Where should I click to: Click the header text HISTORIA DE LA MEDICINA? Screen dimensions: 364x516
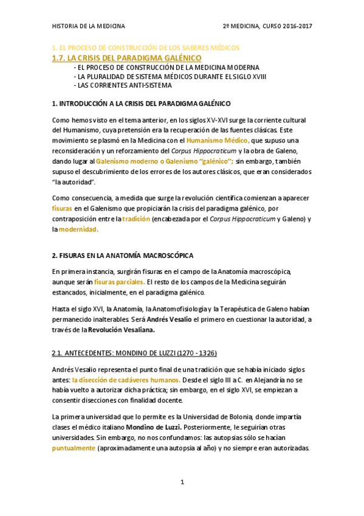coord(89,26)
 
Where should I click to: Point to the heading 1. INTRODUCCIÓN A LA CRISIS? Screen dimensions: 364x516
coord(142,104)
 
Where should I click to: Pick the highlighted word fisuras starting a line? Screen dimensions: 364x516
coord(63,208)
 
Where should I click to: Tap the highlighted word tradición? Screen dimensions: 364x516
coord(136,218)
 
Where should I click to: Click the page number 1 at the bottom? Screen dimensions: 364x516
coord(182,483)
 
